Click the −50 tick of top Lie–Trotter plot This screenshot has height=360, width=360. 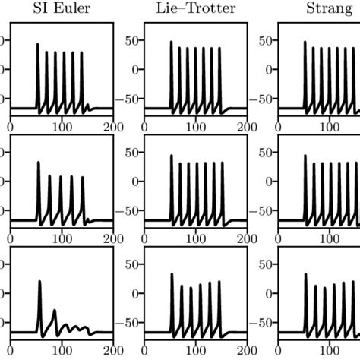click(125, 99)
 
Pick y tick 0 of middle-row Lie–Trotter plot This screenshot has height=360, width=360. click(134, 182)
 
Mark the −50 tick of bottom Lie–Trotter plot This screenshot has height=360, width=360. click(125, 323)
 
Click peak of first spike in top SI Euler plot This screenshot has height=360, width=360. click(38, 44)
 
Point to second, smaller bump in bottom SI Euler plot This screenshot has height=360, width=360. click(54, 311)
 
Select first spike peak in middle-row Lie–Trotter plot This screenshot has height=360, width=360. click(172, 156)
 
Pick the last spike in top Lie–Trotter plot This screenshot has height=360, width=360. click(220, 48)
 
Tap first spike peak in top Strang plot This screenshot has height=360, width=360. click(305, 42)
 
